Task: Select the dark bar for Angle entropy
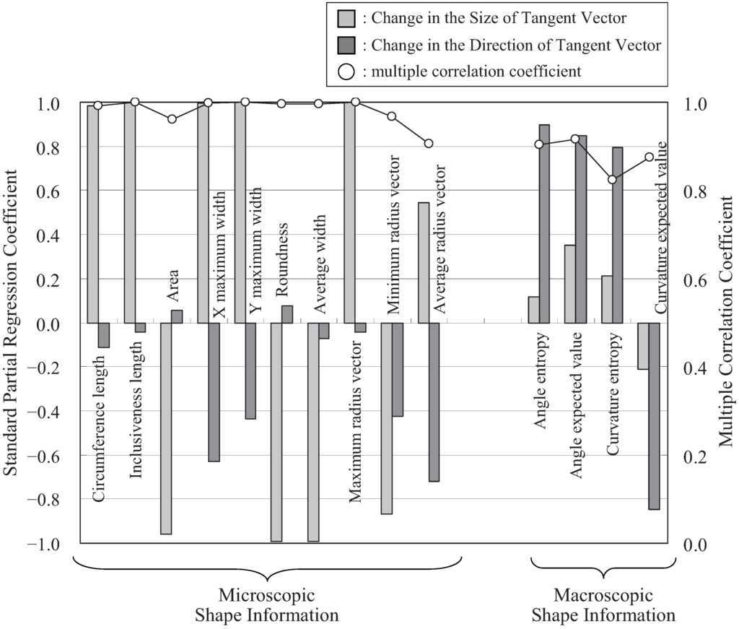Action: coord(544,224)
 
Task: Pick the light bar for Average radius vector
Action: coord(424,263)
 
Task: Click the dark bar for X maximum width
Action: coord(214,392)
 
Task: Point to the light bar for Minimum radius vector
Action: coord(387,418)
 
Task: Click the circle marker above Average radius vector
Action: coord(429,143)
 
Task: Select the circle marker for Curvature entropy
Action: coord(612,179)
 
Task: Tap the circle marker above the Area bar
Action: coord(172,119)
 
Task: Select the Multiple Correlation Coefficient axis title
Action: coord(726,324)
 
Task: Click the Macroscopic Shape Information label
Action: coord(603,606)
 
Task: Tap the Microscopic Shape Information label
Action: coord(268,606)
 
